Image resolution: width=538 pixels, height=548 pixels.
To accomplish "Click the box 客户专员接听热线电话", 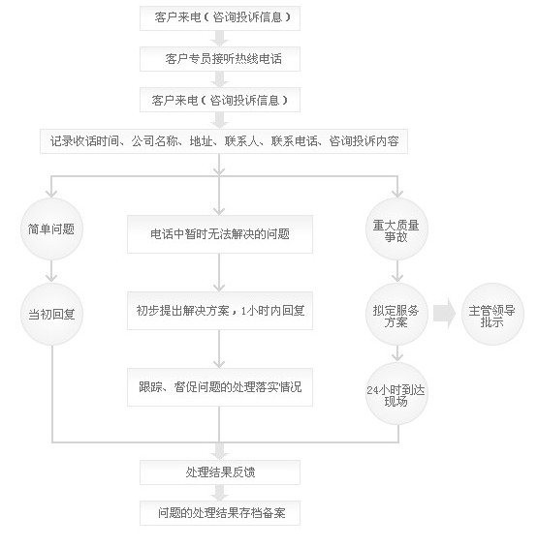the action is point(220,59).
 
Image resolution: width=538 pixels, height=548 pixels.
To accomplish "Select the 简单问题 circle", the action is point(51,228).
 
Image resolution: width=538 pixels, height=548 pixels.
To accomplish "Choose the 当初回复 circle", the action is point(51,315).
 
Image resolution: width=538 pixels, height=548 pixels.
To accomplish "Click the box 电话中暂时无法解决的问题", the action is point(220,234).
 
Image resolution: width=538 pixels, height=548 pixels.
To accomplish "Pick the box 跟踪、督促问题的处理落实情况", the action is point(220,387).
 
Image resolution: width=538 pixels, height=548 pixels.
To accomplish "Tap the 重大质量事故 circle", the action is point(396,228).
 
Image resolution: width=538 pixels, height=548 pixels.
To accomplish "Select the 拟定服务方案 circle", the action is point(396,315).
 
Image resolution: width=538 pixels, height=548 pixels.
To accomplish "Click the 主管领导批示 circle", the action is point(492,315).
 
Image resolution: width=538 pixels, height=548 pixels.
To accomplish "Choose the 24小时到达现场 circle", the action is point(396,394).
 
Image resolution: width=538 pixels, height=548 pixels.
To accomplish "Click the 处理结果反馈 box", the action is point(220,472).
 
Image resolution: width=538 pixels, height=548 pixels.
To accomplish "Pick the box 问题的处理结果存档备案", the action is point(220,513).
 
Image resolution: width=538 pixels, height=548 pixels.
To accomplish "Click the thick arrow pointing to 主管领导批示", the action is point(444,313).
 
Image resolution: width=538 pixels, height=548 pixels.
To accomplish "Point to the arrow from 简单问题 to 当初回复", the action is point(51,271).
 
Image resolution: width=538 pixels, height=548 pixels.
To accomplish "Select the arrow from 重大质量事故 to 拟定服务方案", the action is point(397,271).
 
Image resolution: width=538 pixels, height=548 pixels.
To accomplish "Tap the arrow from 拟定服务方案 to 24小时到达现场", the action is point(397,353).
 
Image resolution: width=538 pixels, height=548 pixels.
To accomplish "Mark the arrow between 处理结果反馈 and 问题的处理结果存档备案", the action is point(220,493).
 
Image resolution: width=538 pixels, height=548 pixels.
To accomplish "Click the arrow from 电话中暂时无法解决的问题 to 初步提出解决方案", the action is point(219,273).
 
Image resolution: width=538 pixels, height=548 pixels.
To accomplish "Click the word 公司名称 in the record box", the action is point(154,141).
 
